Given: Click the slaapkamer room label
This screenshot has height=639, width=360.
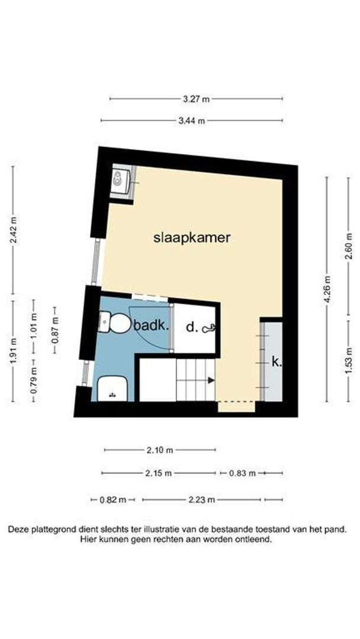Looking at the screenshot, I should (x=191, y=238).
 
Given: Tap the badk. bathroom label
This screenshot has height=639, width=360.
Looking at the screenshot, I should (x=152, y=325).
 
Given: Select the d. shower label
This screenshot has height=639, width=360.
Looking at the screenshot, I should (x=191, y=327).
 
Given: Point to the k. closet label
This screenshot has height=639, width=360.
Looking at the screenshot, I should (x=276, y=361).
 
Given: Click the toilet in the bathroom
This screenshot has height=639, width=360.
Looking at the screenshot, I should (x=120, y=324).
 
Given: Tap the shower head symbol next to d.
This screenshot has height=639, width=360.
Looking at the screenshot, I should (x=210, y=327).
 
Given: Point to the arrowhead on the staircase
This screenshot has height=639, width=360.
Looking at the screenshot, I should (x=210, y=380).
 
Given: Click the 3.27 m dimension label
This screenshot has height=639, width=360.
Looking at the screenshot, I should (x=197, y=99).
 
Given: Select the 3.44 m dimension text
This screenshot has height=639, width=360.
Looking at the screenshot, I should (x=192, y=121).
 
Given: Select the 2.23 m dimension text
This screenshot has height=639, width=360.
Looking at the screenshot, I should (x=201, y=500).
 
